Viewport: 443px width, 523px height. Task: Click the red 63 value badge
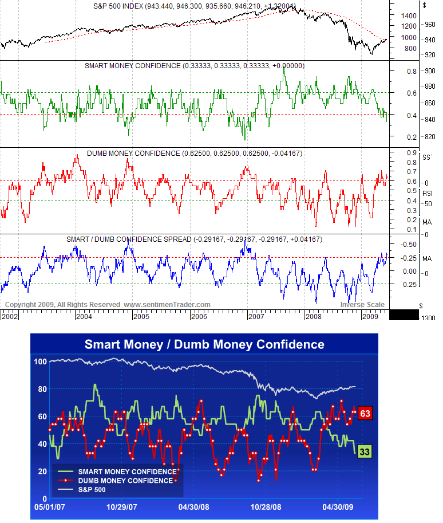(x=365, y=413)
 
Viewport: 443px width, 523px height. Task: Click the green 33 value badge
(x=365, y=451)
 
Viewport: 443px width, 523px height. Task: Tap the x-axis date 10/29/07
(x=122, y=507)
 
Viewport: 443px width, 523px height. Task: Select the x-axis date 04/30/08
(x=193, y=507)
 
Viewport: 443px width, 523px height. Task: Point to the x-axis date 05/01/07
(x=50, y=507)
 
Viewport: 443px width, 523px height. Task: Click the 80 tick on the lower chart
(x=42, y=389)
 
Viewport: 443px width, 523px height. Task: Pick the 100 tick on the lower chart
(x=40, y=361)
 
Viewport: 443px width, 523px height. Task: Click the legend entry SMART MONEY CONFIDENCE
(x=127, y=471)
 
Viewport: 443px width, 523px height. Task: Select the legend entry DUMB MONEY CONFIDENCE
(x=126, y=481)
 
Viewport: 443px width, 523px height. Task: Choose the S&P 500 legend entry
(x=92, y=490)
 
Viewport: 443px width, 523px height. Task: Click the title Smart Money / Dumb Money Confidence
(x=204, y=344)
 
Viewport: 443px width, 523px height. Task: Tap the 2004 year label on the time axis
(x=84, y=316)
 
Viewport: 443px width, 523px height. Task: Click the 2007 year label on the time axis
(x=256, y=316)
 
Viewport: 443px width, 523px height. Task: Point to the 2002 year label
(x=10, y=316)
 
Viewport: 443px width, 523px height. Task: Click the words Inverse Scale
(x=362, y=305)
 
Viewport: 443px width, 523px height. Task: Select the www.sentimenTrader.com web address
(x=167, y=305)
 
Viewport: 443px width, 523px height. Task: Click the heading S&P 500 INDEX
(x=118, y=6)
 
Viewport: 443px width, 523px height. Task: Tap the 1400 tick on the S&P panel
(x=409, y=15)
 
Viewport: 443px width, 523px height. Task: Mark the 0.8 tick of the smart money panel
(x=412, y=71)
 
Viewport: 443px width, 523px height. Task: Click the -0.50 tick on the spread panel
(x=409, y=244)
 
